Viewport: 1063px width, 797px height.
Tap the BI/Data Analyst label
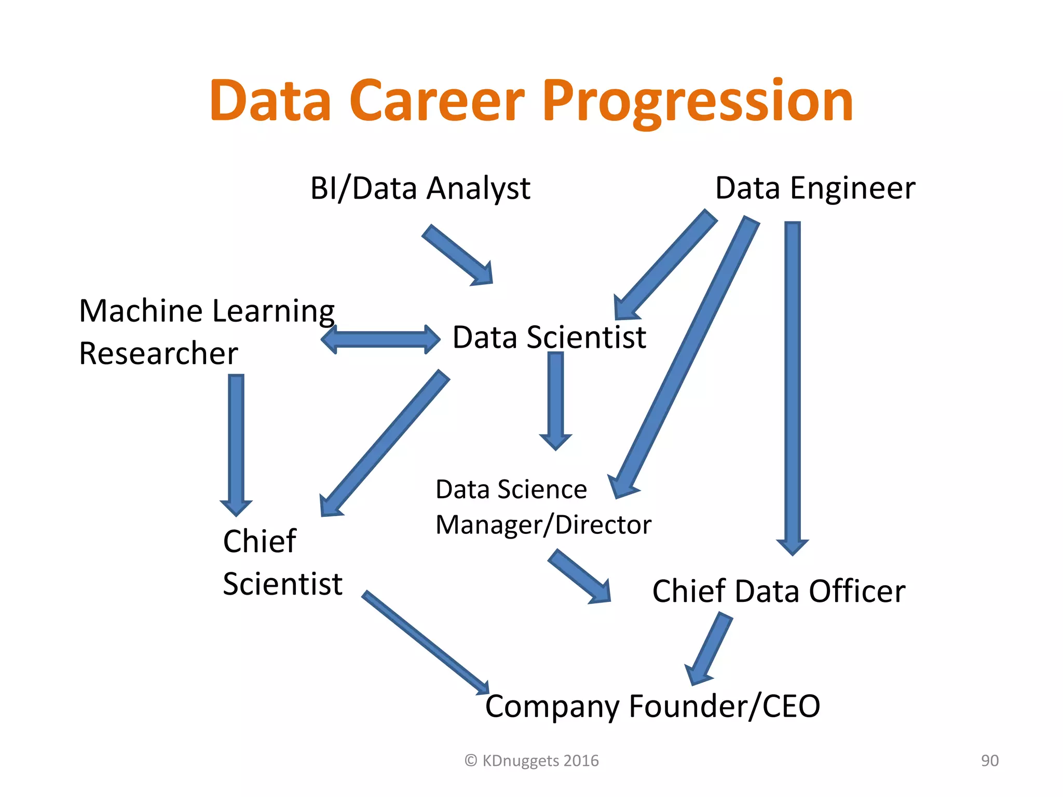point(420,188)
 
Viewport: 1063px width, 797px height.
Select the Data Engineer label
point(815,188)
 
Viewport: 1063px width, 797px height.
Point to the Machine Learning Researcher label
point(207,332)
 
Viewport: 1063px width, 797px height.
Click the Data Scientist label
point(549,337)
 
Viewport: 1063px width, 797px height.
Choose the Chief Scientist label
point(282,562)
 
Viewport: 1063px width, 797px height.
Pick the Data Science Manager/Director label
point(543,507)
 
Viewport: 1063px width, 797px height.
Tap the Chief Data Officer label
point(779,591)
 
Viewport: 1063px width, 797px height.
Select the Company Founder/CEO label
point(652,706)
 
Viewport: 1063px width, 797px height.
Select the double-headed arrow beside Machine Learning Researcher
point(380,339)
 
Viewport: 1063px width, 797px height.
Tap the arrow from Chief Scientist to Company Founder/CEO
point(426,643)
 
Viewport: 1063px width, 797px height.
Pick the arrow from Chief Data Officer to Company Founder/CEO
point(709,649)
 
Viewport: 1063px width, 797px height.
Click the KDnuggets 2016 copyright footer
point(531,761)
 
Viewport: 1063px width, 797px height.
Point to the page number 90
point(990,761)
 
